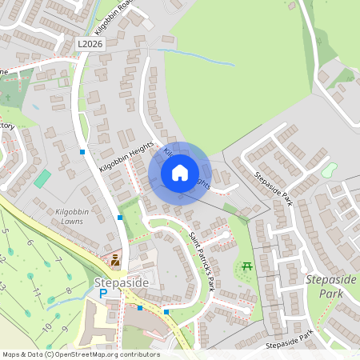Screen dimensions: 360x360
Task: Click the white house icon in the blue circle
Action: point(179,173)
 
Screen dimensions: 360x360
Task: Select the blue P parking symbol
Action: point(102,294)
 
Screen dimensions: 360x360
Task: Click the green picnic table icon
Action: point(247,265)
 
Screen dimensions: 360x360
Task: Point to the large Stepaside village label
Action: point(122,282)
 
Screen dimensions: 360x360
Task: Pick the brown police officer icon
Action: point(116,259)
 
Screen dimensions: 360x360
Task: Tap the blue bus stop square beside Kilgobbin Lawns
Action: point(120,217)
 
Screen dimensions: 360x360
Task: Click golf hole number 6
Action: point(29,242)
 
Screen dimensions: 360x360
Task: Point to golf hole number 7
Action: point(58,262)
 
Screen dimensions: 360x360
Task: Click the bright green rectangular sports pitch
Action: point(42,178)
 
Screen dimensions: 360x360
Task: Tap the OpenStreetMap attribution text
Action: point(80,354)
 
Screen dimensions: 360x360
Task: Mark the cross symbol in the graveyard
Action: point(8,96)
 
